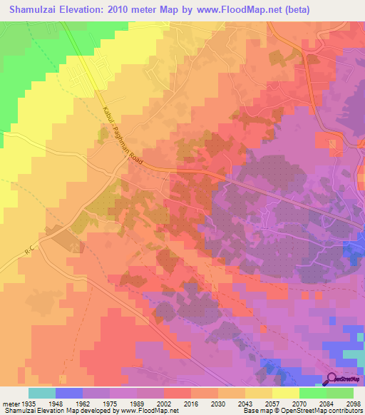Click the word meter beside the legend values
pos(11,404)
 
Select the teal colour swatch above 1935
pos(41,393)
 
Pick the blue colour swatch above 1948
pos(68,393)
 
